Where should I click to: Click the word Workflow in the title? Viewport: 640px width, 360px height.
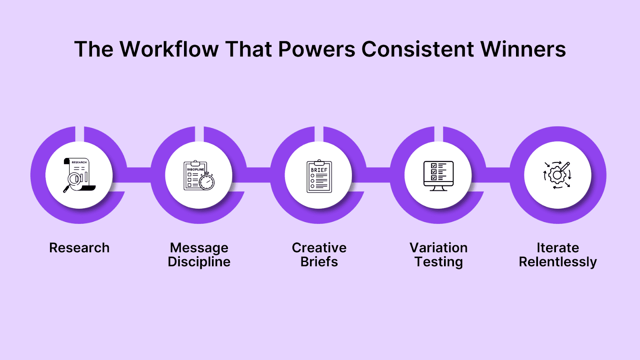click(169, 49)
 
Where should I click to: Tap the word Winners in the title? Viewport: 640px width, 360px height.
click(523, 49)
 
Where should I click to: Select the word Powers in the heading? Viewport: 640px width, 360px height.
click(316, 49)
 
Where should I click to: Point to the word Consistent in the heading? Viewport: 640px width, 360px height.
click(418, 49)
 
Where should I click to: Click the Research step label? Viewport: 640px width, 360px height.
click(79, 248)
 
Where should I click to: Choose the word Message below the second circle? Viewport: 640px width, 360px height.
click(199, 248)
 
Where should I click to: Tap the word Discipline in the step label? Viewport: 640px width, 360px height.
click(199, 262)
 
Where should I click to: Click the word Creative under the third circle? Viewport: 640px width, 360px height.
click(319, 248)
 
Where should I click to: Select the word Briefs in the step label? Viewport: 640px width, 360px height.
click(319, 262)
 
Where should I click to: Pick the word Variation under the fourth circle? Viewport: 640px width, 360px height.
click(438, 248)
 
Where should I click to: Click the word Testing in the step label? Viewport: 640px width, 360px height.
click(438, 262)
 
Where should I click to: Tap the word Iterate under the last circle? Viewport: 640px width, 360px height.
click(558, 248)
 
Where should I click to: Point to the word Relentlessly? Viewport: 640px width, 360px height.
click(558, 262)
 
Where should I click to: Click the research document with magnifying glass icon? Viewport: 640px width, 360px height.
click(79, 175)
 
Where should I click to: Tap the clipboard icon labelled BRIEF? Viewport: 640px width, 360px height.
click(319, 176)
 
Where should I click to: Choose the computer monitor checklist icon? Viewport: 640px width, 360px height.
click(438, 176)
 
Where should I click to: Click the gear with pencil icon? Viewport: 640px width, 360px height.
click(557, 175)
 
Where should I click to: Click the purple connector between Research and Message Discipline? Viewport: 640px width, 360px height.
click(139, 175)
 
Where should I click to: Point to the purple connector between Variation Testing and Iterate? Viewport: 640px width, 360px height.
click(498, 175)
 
